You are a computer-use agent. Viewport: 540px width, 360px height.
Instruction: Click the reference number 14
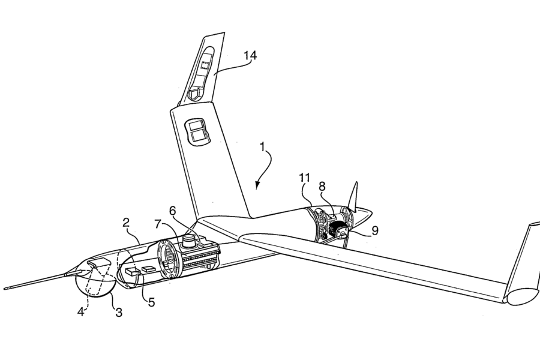coord(250,55)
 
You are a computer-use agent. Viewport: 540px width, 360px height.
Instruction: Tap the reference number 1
coord(262,147)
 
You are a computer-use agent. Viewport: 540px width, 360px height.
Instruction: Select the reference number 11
coord(305,178)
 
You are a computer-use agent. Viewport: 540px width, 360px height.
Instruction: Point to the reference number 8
coord(322,187)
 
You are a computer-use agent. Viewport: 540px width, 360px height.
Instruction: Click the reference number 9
coord(375,230)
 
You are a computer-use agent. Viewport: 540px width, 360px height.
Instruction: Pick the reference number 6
coord(173,211)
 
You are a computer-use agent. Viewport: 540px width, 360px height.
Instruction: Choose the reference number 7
coord(158,224)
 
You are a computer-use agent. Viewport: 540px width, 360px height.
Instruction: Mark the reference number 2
coord(126,222)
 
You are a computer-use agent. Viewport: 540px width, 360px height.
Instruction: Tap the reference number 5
coord(152,302)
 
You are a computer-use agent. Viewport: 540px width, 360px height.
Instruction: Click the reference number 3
coord(118,312)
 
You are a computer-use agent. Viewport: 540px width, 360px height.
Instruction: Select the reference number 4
coord(80,312)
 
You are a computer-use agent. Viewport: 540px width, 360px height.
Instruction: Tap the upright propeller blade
coord(353,196)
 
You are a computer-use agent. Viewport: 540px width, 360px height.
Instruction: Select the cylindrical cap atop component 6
coord(189,240)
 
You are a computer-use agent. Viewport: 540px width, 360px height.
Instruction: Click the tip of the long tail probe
coord(5,288)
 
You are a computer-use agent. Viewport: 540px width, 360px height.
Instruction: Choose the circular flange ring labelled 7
coord(170,259)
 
